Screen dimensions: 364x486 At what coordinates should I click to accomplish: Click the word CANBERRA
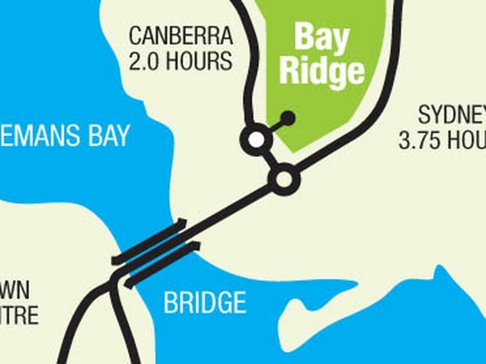pos(180,36)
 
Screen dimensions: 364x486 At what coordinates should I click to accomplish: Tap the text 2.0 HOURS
pos(180,61)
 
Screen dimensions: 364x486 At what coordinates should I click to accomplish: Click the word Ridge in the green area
pos(321,72)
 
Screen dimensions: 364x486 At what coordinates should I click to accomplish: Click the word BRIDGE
pos(205,302)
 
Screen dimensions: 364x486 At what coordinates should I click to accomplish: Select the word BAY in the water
pos(104,135)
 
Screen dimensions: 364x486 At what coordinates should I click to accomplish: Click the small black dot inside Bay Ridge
pos(288,118)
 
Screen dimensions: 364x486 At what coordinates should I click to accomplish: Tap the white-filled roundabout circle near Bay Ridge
pos(257,139)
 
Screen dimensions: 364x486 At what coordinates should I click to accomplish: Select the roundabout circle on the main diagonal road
pos(284,180)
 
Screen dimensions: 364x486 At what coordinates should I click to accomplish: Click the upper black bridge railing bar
pos(149,241)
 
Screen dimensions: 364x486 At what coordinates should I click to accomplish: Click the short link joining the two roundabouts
pos(270,159)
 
